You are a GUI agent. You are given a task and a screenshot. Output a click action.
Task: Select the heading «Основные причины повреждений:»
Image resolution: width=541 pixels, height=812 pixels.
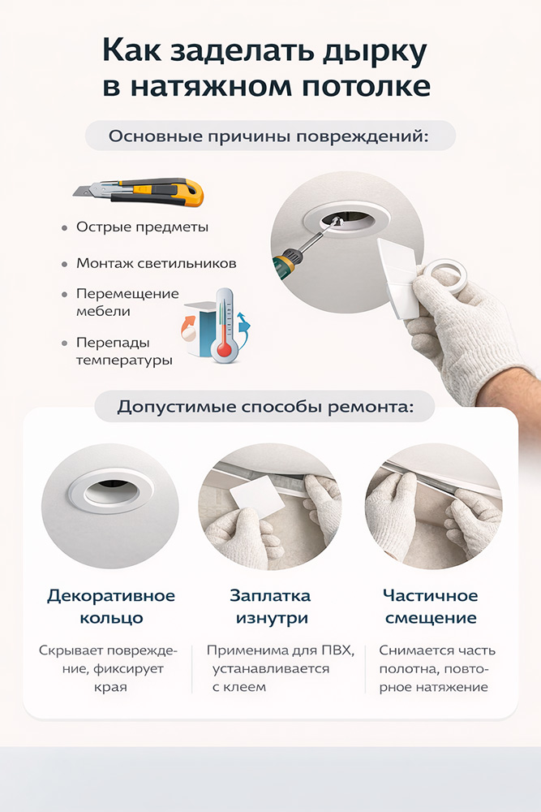pos(269,136)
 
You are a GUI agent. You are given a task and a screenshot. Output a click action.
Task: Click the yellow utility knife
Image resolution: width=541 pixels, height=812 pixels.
pos(140,192)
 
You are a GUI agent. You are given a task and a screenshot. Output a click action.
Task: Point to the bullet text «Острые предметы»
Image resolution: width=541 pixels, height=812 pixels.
pos(142,227)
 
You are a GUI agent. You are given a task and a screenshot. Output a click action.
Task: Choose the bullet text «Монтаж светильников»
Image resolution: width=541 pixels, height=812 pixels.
pos(157,263)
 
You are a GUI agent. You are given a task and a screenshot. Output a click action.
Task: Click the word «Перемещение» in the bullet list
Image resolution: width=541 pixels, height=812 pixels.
pos(128,294)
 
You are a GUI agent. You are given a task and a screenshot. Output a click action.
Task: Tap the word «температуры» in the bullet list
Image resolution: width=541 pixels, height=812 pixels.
pos(124,361)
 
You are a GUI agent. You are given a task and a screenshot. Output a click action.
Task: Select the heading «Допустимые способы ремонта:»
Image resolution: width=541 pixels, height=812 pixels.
pos(265,407)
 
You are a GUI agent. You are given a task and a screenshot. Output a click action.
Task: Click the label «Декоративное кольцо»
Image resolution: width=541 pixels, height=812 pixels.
pos(111,607)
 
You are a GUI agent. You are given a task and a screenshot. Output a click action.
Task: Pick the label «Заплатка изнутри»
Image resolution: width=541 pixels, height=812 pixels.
pos(271,607)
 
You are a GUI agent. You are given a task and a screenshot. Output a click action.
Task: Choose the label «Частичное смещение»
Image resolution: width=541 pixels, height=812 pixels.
pos(431,607)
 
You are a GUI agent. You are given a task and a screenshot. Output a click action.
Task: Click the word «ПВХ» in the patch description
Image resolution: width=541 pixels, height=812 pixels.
pos(337,650)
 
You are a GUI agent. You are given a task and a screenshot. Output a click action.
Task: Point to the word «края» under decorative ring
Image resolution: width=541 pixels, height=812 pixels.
pos(110,689)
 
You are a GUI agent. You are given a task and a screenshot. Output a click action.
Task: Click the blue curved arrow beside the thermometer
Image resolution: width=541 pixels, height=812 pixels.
pos(243,331)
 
